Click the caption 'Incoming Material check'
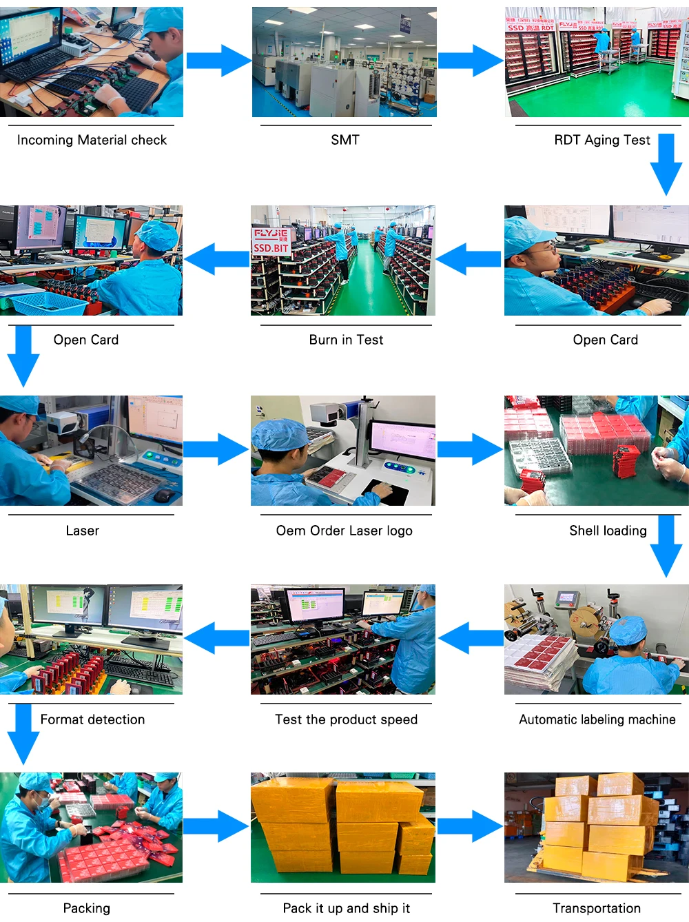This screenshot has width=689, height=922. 92,140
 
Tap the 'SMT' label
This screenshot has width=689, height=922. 345,140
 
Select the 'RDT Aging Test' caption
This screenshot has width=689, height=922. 601,140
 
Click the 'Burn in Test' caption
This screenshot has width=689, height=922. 346,340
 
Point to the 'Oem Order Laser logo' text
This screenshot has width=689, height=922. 344,531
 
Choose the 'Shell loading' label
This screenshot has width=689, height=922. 608,531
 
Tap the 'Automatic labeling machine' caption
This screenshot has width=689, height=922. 597,719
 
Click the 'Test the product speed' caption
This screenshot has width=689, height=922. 346,719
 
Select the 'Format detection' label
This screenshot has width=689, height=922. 92,719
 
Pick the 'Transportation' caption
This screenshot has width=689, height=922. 597,908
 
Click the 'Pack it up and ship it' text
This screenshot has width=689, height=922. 346,908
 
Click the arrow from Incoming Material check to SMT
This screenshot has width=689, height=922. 218,61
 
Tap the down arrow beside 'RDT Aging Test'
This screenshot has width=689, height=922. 666,164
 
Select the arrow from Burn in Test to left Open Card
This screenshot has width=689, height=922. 216,259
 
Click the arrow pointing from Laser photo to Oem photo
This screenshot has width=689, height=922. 216,449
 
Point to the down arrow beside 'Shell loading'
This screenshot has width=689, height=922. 666,545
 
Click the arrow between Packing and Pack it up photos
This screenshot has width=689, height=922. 216,826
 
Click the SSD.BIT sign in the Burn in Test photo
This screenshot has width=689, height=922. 271,247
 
